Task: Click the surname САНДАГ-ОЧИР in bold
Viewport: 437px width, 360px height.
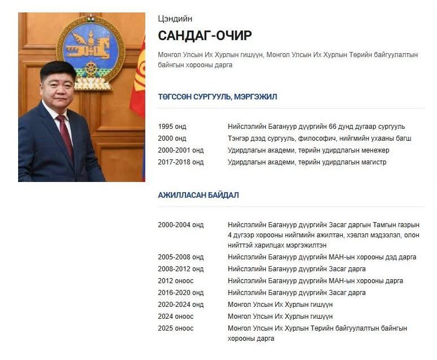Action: pyautogui.click(x=205, y=36)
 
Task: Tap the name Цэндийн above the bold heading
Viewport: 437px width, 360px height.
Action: pyautogui.click(x=175, y=19)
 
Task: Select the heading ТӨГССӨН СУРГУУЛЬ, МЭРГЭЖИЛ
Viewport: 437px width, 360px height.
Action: pyautogui.click(x=218, y=97)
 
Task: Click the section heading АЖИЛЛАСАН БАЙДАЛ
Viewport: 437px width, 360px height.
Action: pyautogui.click(x=198, y=195)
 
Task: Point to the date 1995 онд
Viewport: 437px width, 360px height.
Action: pyautogui.click(x=172, y=127)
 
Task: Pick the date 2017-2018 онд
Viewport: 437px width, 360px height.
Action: pyautogui.click(x=180, y=162)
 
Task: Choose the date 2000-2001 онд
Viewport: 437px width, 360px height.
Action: pyautogui.click(x=180, y=150)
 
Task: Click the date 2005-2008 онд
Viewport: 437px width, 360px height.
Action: pyautogui.click(x=180, y=257)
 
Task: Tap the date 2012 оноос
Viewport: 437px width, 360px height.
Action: pyautogui.click(x=175, y=281)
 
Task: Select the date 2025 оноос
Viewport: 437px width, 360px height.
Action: pyautogui.click(x=175, y=328)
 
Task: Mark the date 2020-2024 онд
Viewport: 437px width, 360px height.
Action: pyautogui.click(x=180, y=305)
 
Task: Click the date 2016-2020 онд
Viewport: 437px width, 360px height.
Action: pyautogui.click(x=180, y=293)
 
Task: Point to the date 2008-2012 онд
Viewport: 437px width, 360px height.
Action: pyautogui.click(x=180, y=269)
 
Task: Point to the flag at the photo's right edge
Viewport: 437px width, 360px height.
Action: pyautogui.click(x=138, y=85)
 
